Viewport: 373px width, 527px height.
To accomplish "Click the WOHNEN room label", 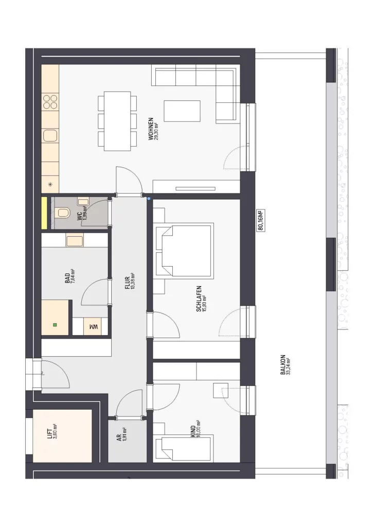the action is pos(151,129).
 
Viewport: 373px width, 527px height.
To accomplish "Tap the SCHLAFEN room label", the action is pos(199,299).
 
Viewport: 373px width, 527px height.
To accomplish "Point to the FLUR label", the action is pos(128,283).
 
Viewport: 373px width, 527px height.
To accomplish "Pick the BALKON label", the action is pos(283,365).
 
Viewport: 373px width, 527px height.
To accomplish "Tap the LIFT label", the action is pos(50,433).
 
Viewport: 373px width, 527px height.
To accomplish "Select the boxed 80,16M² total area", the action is pos(261,220).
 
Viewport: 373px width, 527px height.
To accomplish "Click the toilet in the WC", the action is pos(63,213).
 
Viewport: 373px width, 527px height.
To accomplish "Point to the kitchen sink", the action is pos(50,136).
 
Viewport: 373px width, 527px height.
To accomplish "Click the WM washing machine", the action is pos(93,326).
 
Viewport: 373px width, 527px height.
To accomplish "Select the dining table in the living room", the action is pos(117,121).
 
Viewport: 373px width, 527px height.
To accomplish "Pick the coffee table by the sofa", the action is pos(182,111).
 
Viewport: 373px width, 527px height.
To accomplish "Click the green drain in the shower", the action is pos(55,325).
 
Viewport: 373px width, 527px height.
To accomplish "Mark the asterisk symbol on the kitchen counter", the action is pos(50,184).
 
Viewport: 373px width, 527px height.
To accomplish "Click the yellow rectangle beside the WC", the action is pos(44,213).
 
